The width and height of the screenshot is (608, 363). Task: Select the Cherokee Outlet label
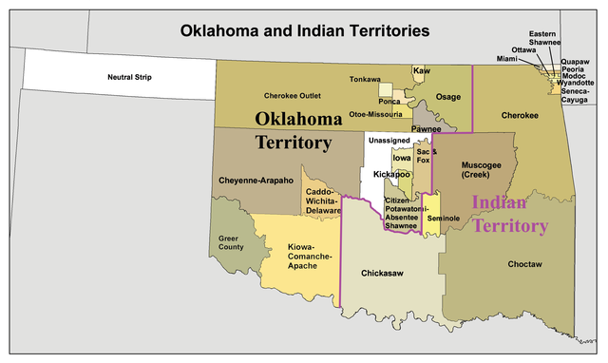click(x=291, y=96)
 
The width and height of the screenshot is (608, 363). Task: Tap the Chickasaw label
click(x=382, y=273)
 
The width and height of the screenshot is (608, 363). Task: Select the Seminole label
click(x=443, y=219)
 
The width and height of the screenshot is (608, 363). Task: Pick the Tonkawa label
click(x=364, y=79)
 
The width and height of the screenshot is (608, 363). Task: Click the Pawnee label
click(x=426, y=128)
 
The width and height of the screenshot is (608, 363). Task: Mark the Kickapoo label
click(x=390, y=175)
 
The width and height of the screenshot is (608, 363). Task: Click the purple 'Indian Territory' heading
click(x=509, y=214)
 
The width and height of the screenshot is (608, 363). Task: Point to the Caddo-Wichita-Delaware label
click(x=324, y=200)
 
